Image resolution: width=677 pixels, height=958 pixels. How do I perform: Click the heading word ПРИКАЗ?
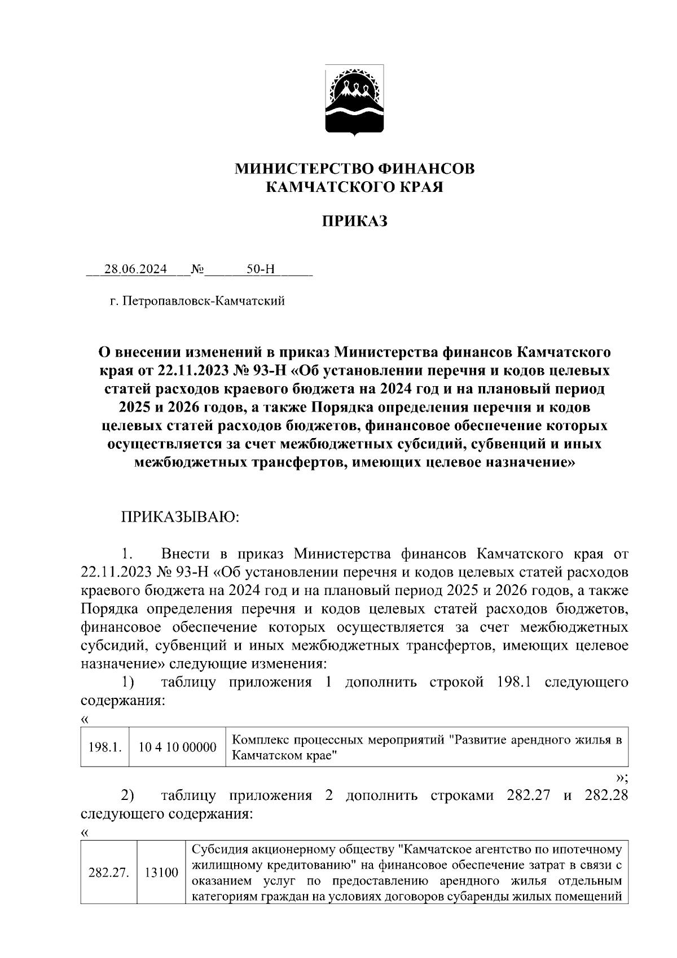pos(354,221)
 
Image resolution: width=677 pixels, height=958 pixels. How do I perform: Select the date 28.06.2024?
pos(135,269)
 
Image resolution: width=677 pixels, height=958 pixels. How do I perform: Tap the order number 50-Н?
pos(260,269)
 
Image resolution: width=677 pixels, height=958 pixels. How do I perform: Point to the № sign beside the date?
pos(197,269)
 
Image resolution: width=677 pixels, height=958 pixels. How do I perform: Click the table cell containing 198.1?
pos(105,747)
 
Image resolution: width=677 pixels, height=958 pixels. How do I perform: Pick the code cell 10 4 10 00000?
pos(177,747)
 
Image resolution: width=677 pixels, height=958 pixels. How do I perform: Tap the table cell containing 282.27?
pos(109,873)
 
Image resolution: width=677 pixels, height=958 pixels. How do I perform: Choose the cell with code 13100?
pos(161,873)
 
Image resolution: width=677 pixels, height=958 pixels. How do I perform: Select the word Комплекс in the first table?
pos(258,740)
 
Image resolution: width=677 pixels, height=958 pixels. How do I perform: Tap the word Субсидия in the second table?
pos(219,850)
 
